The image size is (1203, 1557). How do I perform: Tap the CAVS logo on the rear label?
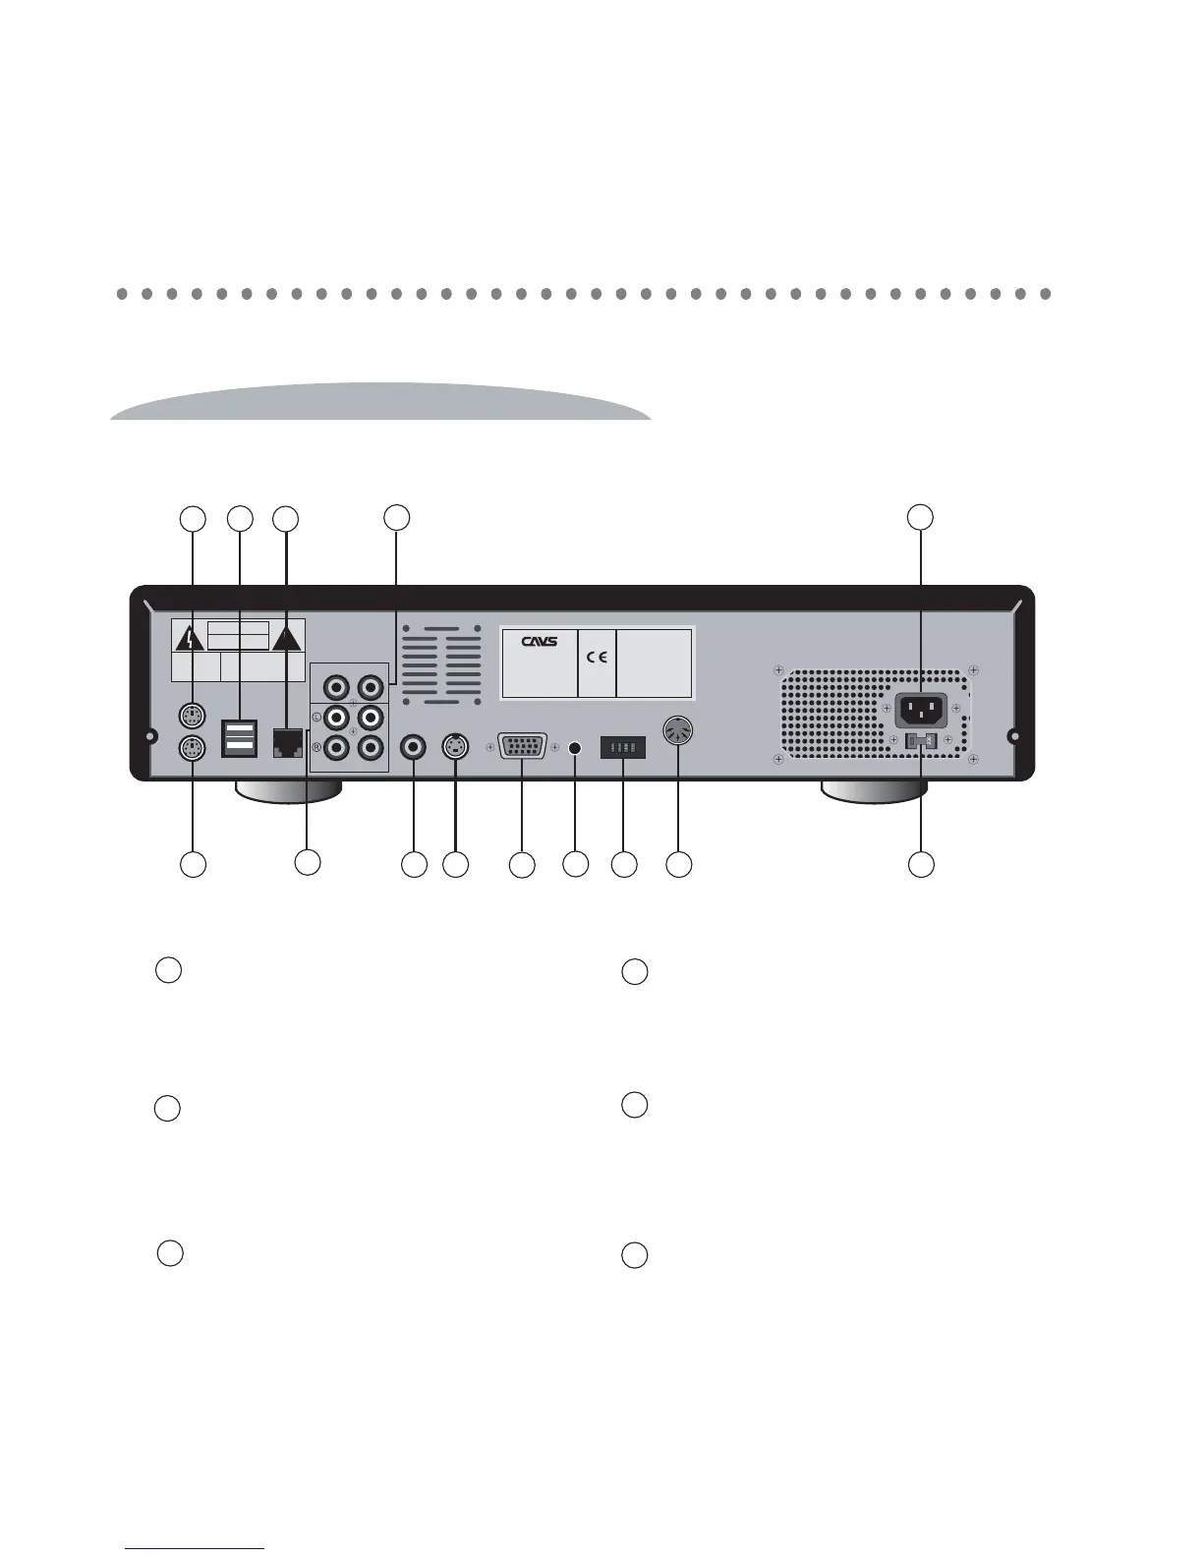(540, 640)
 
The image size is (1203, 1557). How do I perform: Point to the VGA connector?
(522, 747)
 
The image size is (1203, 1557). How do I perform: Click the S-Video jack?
(455, 747)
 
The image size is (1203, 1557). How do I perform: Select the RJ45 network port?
(286, 742)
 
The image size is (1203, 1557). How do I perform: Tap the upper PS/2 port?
(194, 715)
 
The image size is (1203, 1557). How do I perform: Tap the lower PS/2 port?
(194, 749)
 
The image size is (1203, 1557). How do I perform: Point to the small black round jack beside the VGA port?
(576, 748)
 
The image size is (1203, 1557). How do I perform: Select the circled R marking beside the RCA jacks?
(316, 748)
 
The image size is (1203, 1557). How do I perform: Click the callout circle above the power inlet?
(920, 517)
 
